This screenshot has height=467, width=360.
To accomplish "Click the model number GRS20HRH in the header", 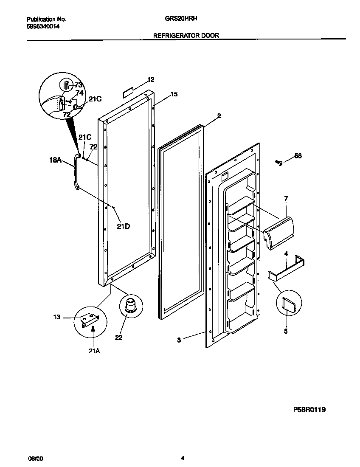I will click(x=180, y=19).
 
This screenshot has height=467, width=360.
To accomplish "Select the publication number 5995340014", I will click(x=43, y=26).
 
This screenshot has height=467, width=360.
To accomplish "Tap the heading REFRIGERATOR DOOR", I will click(x=186, y=36).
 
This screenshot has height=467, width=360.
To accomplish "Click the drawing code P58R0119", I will click(x=309, y=410).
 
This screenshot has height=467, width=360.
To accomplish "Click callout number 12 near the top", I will click(x=151, y=79).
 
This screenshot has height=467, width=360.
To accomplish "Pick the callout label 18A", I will click(x=55, y=160).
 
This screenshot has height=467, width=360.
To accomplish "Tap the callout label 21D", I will click(x=123, y=226).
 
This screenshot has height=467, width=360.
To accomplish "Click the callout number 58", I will click(x=298, y=156).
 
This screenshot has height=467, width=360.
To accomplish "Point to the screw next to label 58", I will click(x=279, y=162).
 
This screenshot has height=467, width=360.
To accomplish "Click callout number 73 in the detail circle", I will click(x=79, y=85).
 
